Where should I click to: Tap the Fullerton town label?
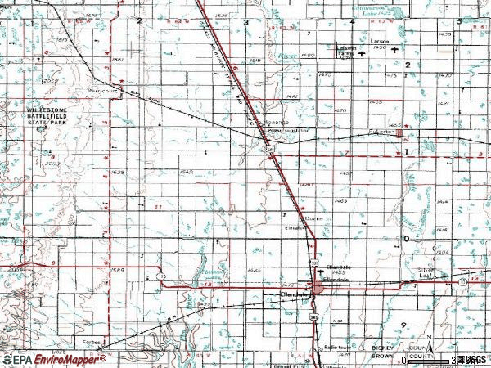(x=381, y=132)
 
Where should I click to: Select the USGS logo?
(x=472, y=359)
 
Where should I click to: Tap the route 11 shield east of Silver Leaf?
(x=475, y=280)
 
